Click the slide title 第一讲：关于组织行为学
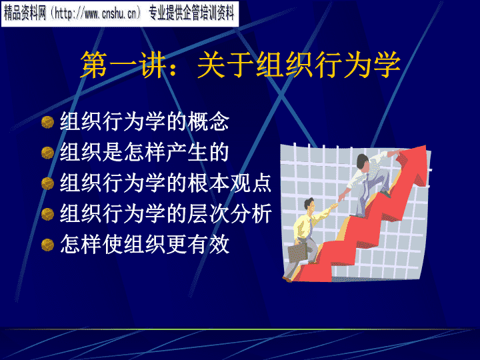click(x=240, y=64)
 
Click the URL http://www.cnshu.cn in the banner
click(x=95, y=14)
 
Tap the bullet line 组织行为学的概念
click(x=145, y=121)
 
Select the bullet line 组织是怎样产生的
click(x=145, y=152)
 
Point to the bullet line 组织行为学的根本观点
click(x=165, y=183)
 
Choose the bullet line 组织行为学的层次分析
click(x=165, y=213)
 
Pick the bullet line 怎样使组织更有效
click(x=145, y=244)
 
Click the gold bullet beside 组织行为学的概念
click(x=47, y=122)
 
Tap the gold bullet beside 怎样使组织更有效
click(x=47, y=245)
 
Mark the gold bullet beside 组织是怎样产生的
click(x=47, y=153)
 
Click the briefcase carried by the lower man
click(x=297, y=252)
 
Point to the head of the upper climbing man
click(x=363, y=162)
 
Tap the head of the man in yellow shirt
click(x=309, y=206)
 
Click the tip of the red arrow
click(x=425, y=146)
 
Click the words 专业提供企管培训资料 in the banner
click(x=191, y=14)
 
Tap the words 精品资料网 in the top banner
click(x=25, y=14)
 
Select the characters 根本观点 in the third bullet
click(x=229, y=183)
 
